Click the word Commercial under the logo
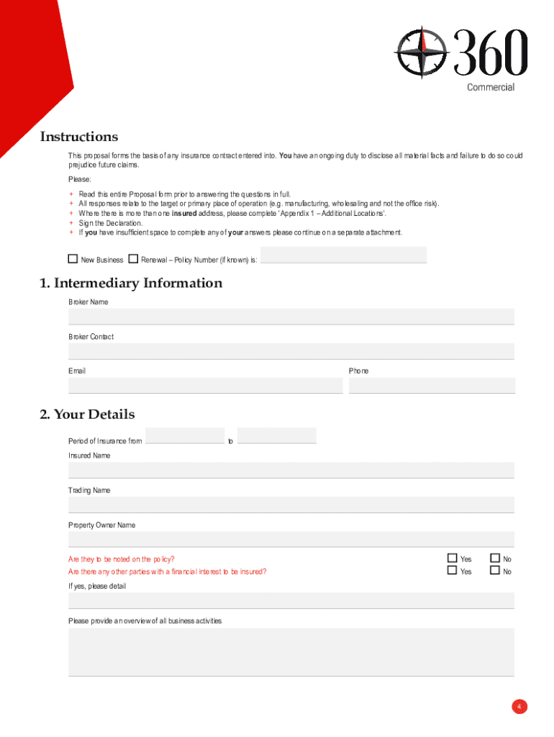(x=491, y=87)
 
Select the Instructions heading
(x=79, y=137)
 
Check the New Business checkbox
(x=73, y=259)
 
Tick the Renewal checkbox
(x=133, y=259)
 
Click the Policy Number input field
(x=343, y=255)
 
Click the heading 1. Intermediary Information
(x=131, y=283)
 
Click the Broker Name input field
(x=291, y=317)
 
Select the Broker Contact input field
(x=291, y=351)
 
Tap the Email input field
(x=205, y=386)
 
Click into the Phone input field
(x=432, y=386)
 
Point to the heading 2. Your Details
(x=87, y=415)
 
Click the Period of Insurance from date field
(x=185, y=435)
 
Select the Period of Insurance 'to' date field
(x=276, y=435)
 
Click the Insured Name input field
(x=291, y=470)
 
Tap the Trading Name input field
(x=291, y=505)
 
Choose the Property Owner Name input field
(x=291, y=539)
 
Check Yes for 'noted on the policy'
(x=453, y=558)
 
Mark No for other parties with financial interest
(x=495, y=571)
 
